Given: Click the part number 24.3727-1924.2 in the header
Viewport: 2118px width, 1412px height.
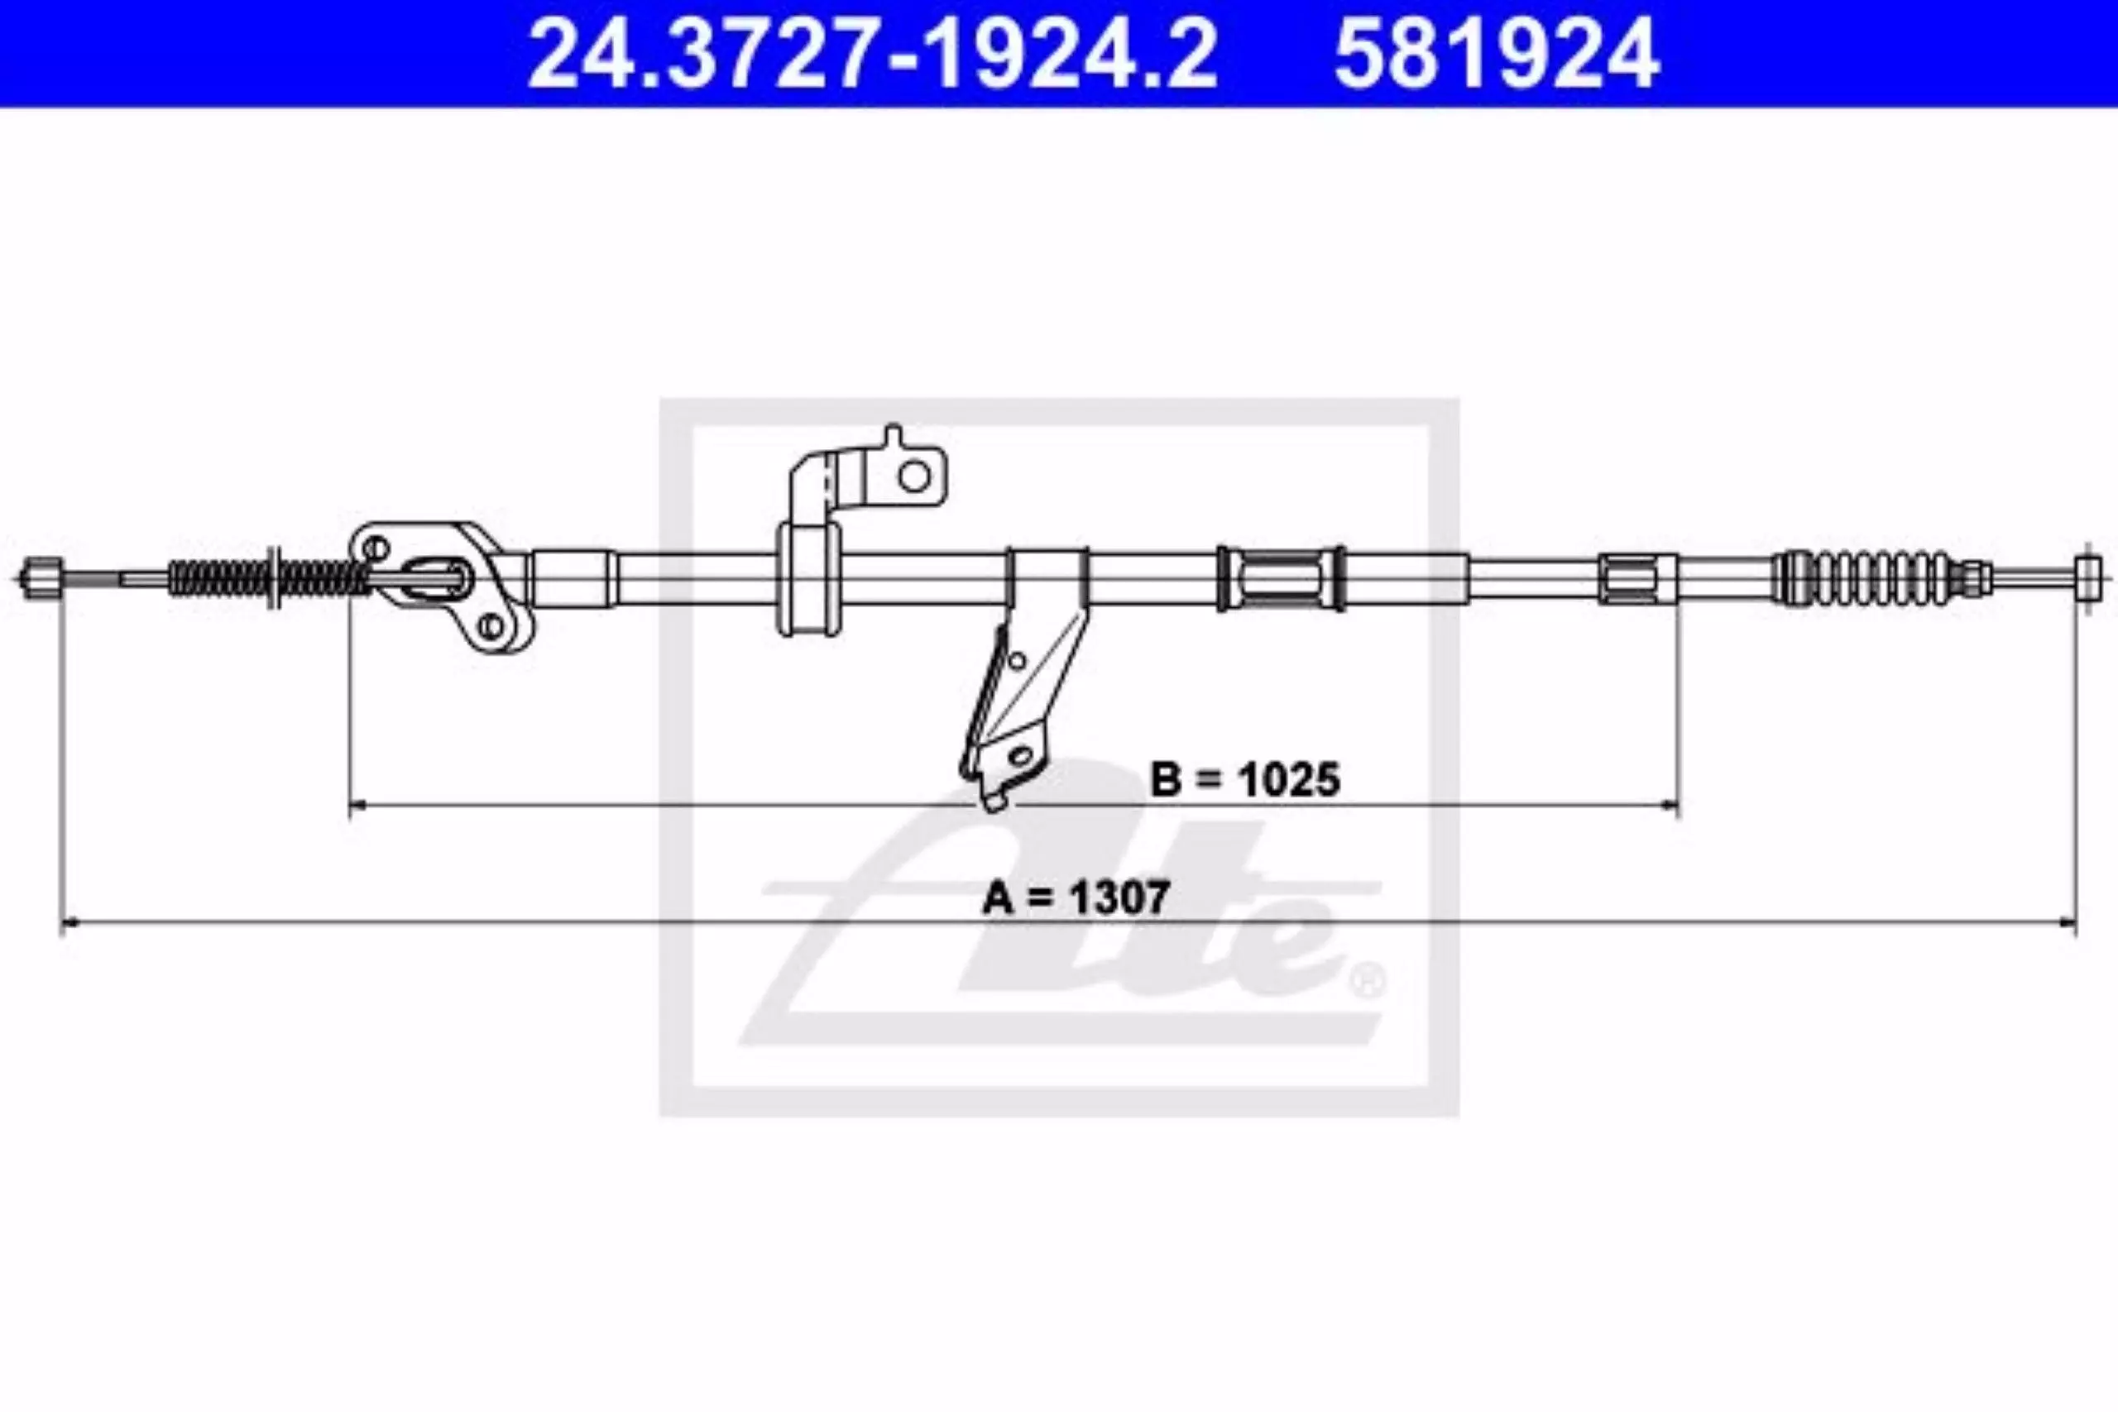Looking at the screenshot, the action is [x=872, y=54].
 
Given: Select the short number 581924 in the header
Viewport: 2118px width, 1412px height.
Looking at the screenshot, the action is [x=1497, y=54].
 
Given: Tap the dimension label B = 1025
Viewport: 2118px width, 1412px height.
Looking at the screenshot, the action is [x=1245, y=779].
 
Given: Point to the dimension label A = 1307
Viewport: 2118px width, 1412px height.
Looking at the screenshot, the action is [x=1076, y=896].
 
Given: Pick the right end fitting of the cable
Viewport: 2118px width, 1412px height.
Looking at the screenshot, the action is [x=2088, y=577].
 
